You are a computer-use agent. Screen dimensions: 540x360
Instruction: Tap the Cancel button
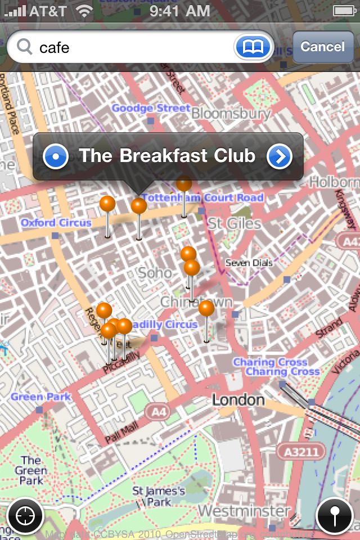(322, 47)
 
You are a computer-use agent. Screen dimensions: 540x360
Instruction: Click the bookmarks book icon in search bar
(254, 47)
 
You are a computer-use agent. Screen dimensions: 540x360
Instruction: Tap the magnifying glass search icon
(25, 47)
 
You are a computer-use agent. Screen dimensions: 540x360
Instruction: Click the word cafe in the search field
(55, 47)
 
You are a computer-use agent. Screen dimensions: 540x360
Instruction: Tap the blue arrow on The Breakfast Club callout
(280, 156)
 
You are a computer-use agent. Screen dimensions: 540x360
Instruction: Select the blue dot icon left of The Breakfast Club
(56, 156)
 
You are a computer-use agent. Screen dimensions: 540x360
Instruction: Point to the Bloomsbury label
(231, 114)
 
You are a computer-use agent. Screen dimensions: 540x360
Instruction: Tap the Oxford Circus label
(56, 223)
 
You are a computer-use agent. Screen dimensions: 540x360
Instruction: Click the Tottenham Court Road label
(202, 198)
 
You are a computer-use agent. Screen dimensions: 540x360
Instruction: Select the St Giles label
(235, 223)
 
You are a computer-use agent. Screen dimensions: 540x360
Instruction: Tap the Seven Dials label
(249, 263)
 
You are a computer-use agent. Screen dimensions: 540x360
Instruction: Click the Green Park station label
(40, 397)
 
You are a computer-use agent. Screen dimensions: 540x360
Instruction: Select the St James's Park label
(159, 496)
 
